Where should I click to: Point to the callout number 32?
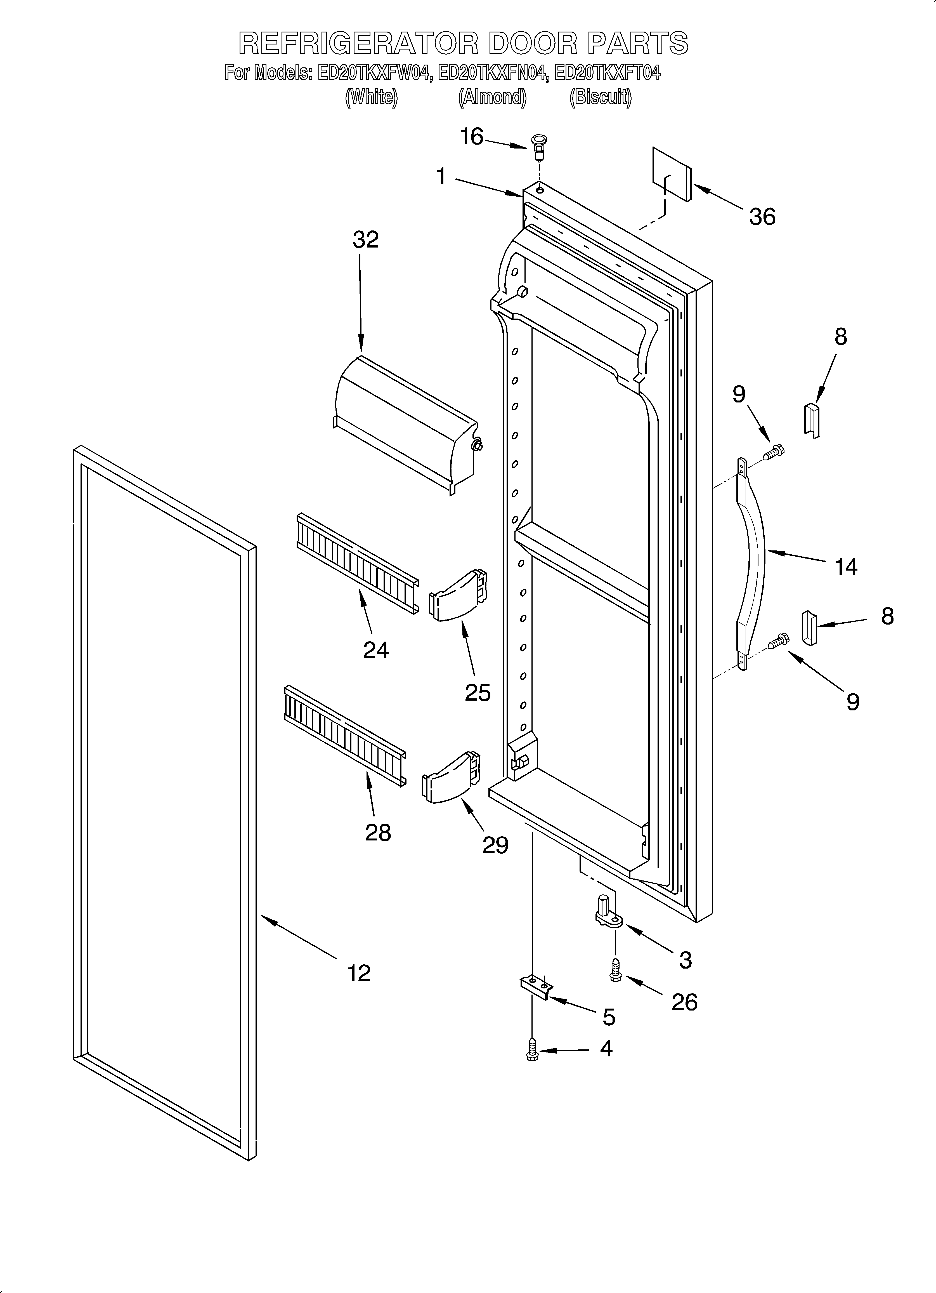pyautogui.click(x=365, y=240)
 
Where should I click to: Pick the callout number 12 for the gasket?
pyautogui.click(x=359, y=972)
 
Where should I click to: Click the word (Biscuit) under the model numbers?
pyautogui.click(x=600, y=98)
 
